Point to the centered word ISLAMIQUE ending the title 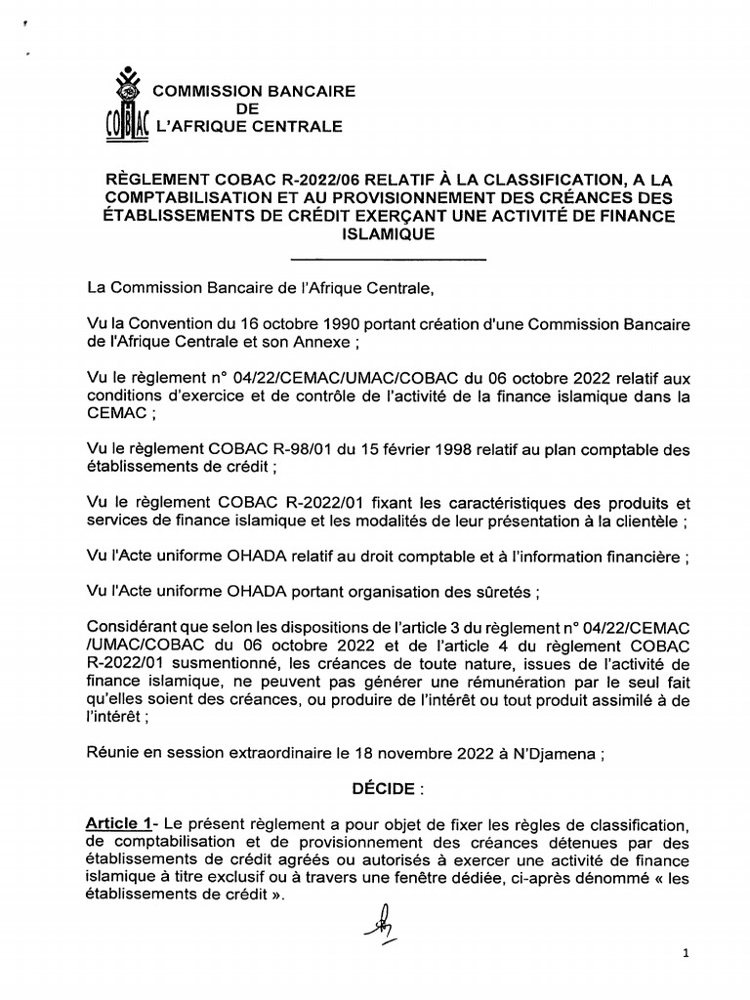coord(388,234)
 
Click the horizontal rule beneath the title coord(388,259)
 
